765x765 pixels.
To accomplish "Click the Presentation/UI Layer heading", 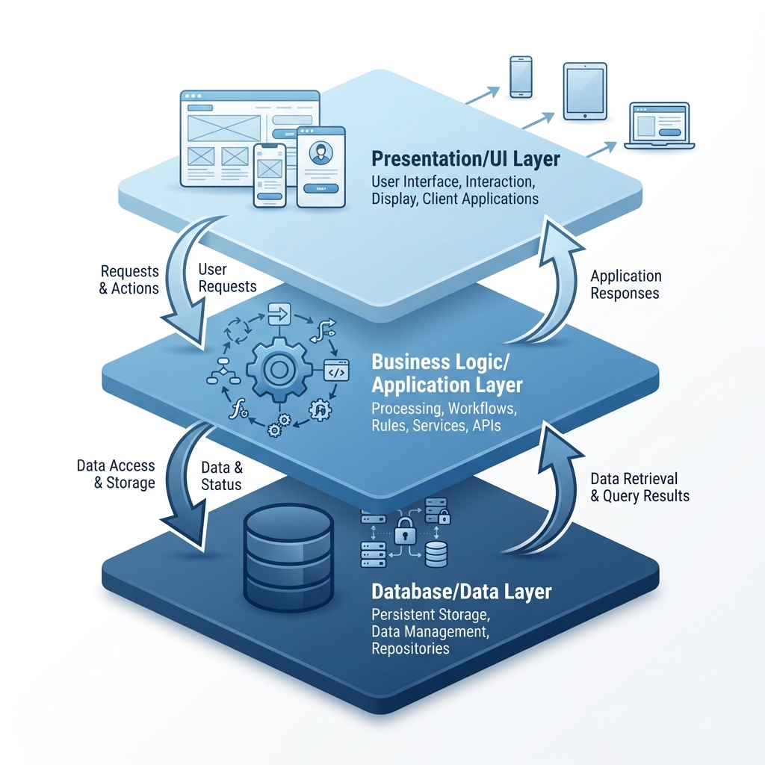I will (465, 159).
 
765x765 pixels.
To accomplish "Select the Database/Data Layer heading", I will (461, 592).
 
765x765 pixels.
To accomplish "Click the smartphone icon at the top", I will (521, 76).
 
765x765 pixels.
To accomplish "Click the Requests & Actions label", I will (129, 279).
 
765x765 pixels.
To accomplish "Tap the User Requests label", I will (227, 277).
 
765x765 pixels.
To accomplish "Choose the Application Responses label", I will (625, 285).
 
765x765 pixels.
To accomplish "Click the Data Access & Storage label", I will (116, 474).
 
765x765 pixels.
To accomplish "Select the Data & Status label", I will (222, 476).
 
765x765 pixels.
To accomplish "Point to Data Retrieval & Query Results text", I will (639, 487).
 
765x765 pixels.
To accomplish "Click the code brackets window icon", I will (335, 371).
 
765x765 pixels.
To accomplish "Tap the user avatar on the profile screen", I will (320, 154).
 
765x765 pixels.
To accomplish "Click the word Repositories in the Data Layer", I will (410, 648).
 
